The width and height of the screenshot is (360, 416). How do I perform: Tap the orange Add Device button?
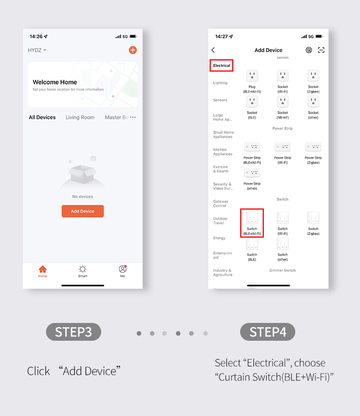click(x=82, y=211)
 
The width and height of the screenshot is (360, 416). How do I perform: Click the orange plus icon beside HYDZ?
click(x=133, y=50)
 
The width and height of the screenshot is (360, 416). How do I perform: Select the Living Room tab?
click(x=80, y=117)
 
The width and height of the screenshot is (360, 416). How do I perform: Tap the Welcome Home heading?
click(x=55, y=82)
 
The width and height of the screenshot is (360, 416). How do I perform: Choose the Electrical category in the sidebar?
click(x=222, y=66)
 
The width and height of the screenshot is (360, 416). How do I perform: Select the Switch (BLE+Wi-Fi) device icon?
click(x=252, y=218)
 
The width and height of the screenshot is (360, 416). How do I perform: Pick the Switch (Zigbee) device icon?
click(x=313, y=218)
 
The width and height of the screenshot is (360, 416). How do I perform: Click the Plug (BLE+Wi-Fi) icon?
click(x=252, y=76)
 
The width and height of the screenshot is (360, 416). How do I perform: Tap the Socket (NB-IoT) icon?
click(x=283, y=102)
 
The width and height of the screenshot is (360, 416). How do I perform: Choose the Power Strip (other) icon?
click(x=252, y=173)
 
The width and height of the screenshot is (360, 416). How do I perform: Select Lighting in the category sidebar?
click(x=220, y=83)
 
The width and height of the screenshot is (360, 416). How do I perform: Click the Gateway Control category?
click(x=221, y=203)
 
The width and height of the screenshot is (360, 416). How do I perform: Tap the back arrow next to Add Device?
click(x=213, y=50)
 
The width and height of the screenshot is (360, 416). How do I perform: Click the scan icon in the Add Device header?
click(x=321, y=50)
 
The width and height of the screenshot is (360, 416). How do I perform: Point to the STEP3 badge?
click(x=73, y=332)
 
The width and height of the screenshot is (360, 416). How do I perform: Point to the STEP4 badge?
click(x=267, y=332)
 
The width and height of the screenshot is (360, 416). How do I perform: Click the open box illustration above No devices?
click(x=82, y=173)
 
